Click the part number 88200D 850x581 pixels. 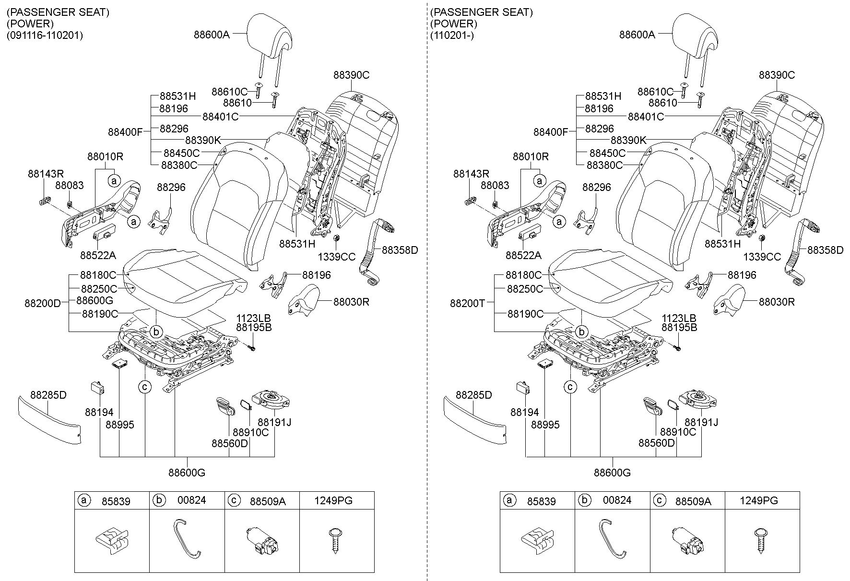pyautogui.click(x=43, y=303)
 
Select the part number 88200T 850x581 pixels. pyautogui.click(x=468, y=303)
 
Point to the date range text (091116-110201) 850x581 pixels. pyautogui.click(x=45, y=36)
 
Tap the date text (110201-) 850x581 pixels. pyautogui.click(x=452, y=36)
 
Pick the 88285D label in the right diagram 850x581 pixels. pyautogui.click(x=474, y=395)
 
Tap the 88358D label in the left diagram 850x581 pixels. pyautogui.click(x=400, y=250)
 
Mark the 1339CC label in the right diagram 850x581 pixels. pyautogui.click(x=762, y=257)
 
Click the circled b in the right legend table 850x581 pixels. pyautogui.click(x=584, y=500)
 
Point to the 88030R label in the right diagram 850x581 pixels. pyautogui.click(x=777, y=302)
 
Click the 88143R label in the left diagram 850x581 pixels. pyautogui.click(x=46, y=174)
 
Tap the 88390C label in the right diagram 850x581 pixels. pyautogui.click(x=777, y=75)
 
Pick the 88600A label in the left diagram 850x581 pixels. pyautogui.click(x=212, y=35)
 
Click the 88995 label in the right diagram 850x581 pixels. pyautogui.click(x=545, y=425)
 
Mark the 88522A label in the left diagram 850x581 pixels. pyautogui.click(x=98, y=255)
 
